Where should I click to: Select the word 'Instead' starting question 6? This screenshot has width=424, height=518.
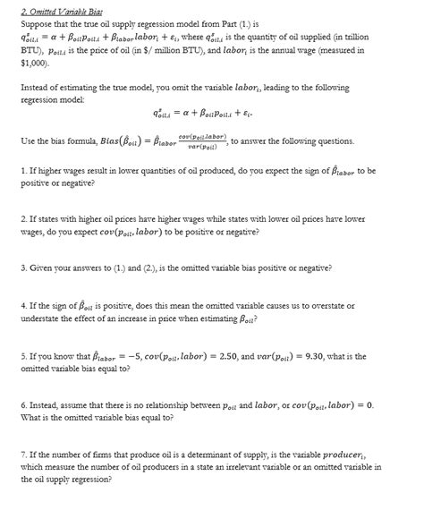pyautogui.click(x=43, y=405)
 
